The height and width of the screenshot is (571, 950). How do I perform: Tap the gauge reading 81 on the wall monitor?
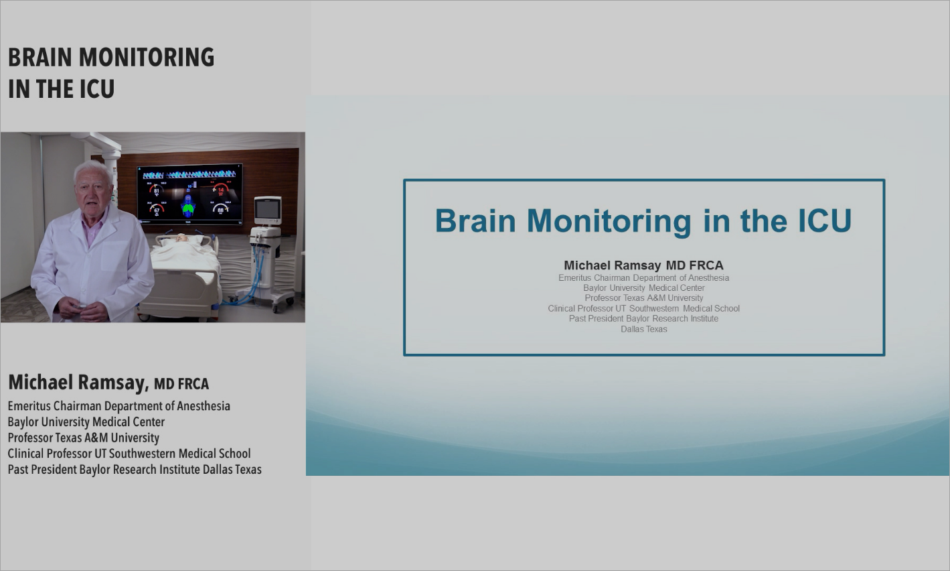[x=157, y=191]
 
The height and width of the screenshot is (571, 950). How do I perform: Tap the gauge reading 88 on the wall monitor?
[x=221, y=210]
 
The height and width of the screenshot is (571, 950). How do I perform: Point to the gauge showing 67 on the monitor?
[x=157, y=210]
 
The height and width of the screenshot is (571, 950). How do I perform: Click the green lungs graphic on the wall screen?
[x=189, y=209]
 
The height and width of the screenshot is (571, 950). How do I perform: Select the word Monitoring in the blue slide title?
[x=609, y=221]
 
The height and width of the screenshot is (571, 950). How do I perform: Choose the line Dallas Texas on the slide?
[x=643, y=329]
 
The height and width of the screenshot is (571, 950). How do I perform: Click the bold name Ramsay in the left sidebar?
[x=111, y=382]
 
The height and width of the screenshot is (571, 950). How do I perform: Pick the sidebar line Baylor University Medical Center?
[x=86, y=422]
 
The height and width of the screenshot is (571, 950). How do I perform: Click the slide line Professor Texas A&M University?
[x=643, y=298]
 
